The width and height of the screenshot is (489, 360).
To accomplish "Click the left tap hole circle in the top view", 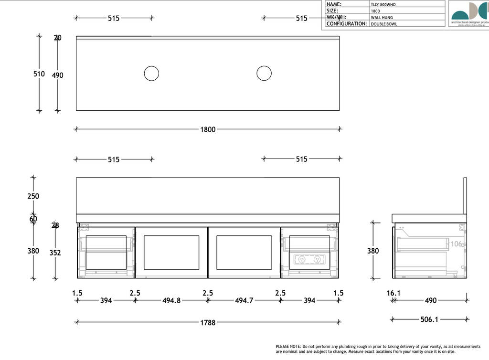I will [x=151, y=74].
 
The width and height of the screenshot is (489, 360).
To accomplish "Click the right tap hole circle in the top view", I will [x=264, y=74].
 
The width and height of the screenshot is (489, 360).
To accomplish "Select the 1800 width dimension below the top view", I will [x=208, y=129].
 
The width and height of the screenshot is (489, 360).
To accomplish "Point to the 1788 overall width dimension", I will [x=208, y=323].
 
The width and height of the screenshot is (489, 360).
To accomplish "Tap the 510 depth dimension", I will [x=39, y=74].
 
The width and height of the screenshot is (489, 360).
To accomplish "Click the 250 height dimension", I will [x=33, y=196].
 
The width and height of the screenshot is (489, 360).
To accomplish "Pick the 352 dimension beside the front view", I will [x=55, y=253].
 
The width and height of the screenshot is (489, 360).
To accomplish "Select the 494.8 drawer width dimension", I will [x=171, y=301].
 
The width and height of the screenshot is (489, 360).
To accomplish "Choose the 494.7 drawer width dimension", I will [x=244, y=301].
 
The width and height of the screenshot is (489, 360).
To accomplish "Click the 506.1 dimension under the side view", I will [x=429, y=319].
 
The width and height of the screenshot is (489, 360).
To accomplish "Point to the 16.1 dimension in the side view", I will [x=393, y=293].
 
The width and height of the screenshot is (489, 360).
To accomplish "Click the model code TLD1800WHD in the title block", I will [x=383, y=4].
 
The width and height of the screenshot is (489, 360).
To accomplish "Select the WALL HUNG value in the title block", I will [x=382, y=17].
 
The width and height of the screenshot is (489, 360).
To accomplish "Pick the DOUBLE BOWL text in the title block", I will [x=383, y=24].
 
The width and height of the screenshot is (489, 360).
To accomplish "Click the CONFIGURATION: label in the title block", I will [x=347, y=24].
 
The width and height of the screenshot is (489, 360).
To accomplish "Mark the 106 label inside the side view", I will [x=457, y=244].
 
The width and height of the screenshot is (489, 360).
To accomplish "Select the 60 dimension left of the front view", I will [x=33, y=219].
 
